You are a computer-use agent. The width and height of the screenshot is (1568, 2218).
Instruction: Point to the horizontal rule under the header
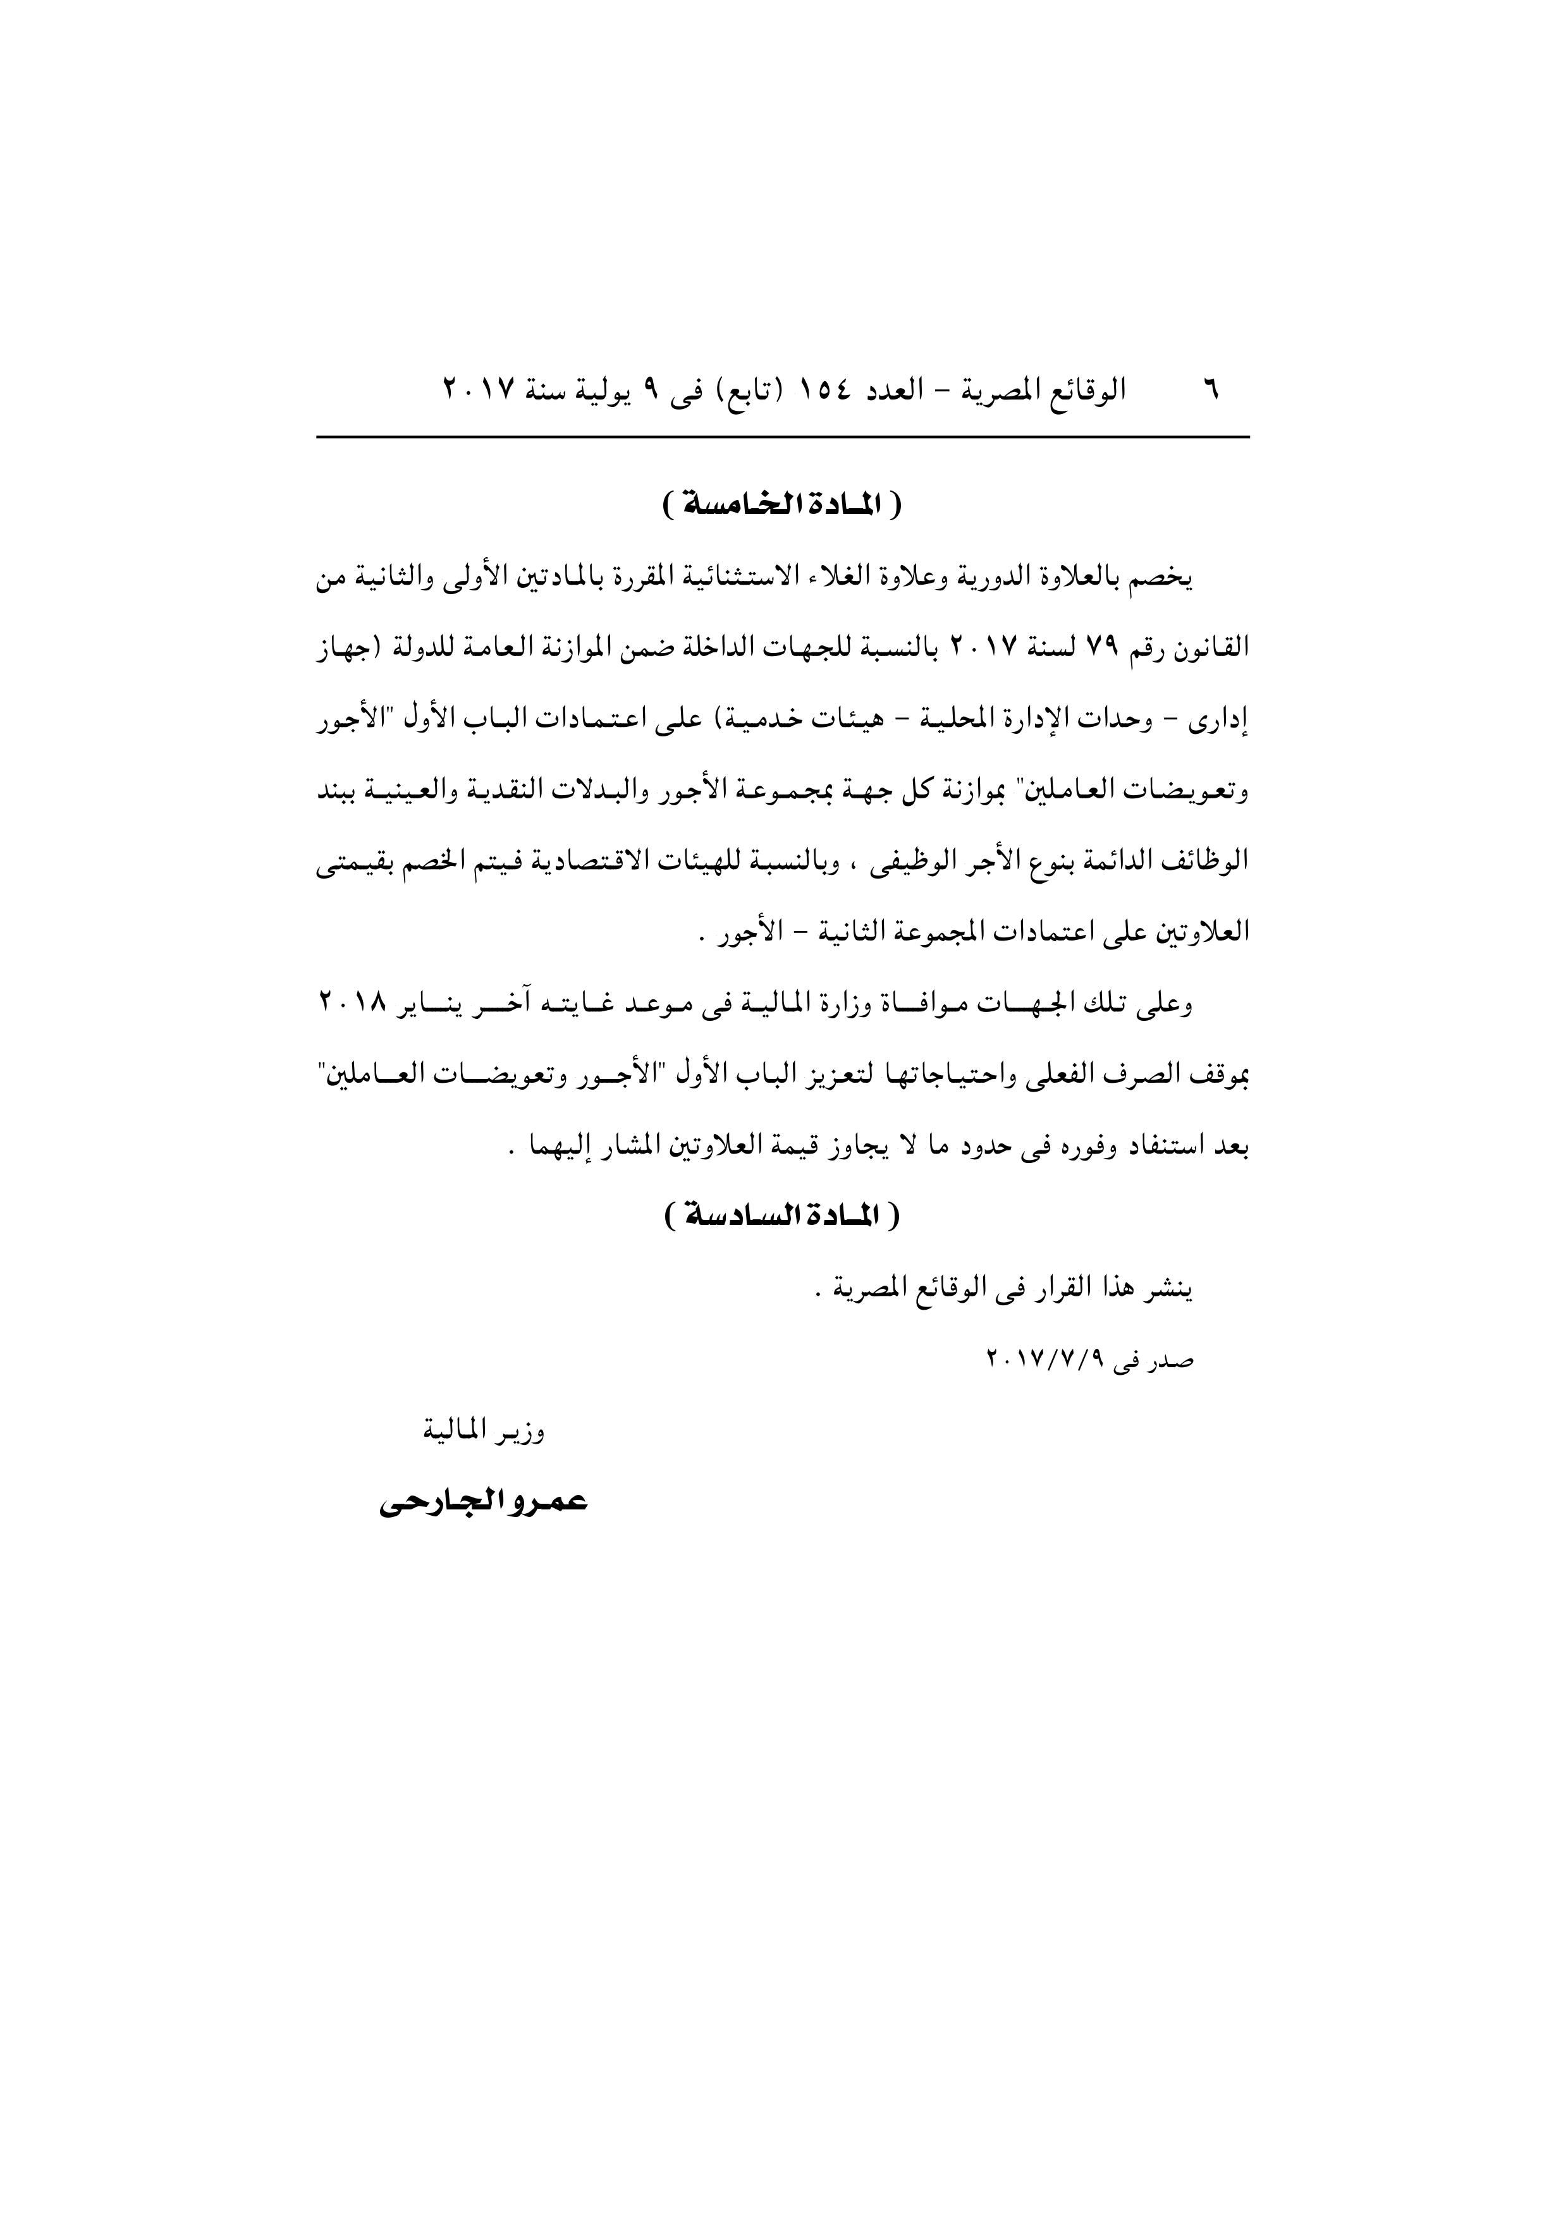point(783,437)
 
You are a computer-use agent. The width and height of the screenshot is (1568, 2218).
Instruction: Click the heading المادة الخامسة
point(783,504)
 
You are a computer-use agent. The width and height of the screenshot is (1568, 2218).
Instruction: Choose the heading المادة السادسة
point(783,1216)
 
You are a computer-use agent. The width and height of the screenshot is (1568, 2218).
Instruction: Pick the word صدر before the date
point(1174,1361)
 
